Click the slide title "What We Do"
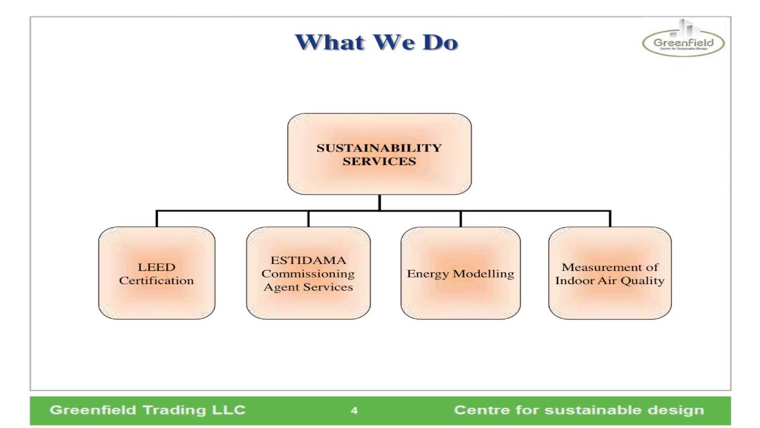click(376, 43)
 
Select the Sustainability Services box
click(379, 154)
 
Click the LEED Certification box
click(157, 273)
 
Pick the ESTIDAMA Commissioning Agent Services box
click(308, 273)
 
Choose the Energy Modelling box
click(460, 273)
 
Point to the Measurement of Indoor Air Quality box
click(610, 273)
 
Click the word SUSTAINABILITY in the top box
click(379, 147)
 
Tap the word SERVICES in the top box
click(379, 161)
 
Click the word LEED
click(157, 267)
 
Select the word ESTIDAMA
click(308, 260)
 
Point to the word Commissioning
click(308, 274)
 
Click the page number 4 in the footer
click(354, 411)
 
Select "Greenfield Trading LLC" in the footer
click(148, 410)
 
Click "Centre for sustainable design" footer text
click(579, 410)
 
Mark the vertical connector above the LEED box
click(157, 218)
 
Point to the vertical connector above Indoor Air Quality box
click(610, 218)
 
